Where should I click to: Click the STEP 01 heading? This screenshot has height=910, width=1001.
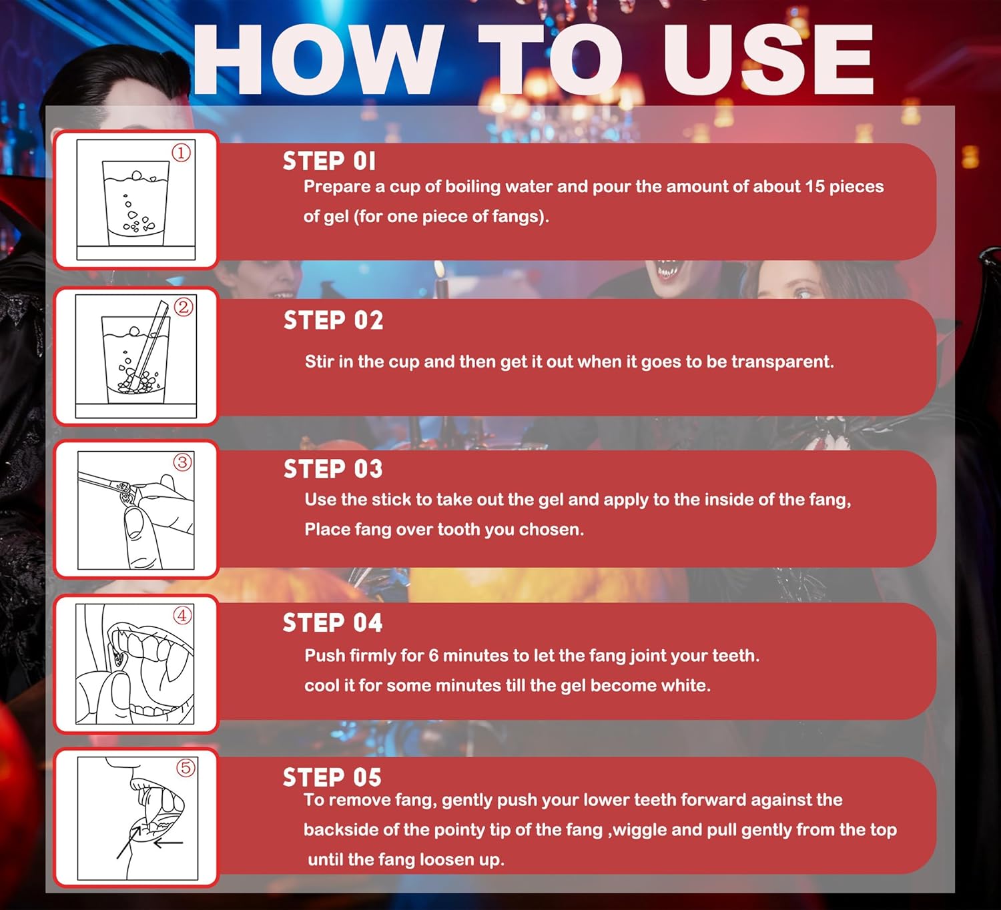tap(329, 161)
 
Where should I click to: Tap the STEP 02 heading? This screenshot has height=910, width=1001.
tap(334, 320)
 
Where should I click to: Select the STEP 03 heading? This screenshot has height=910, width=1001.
tap(333, 469)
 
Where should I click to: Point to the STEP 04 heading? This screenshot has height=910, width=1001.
tap(332, 622)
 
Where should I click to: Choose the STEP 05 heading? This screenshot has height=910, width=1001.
tap(332, 777)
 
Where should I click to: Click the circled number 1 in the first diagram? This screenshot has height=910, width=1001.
tap(181, 153)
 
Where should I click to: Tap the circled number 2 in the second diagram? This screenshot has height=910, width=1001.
tap(184, 307)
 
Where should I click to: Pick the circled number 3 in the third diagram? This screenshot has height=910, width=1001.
tap(183, 462)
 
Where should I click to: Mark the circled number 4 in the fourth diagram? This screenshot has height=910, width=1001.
tap(182, 616)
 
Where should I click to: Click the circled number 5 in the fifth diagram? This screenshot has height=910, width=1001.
tap(186, 767)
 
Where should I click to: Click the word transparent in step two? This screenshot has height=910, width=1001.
tap(782, 362)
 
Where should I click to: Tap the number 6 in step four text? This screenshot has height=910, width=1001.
tap(433, 656)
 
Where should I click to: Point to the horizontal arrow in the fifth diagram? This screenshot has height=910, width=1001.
tap(168, 843)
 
